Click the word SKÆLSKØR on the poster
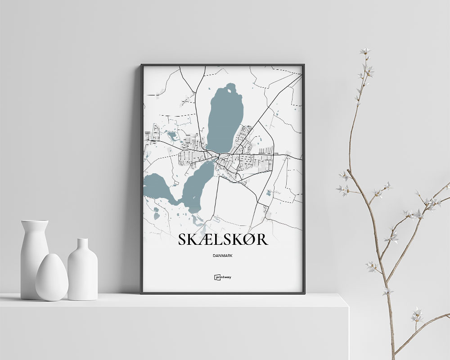pos(223,239)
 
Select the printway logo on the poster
pos(223,278)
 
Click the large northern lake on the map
pos(224,119)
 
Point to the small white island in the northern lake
pos(232,92)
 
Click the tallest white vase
pos(34,256)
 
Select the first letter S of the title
pos(182,239)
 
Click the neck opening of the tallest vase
pos(35,221)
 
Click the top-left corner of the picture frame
pos(142,65)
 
